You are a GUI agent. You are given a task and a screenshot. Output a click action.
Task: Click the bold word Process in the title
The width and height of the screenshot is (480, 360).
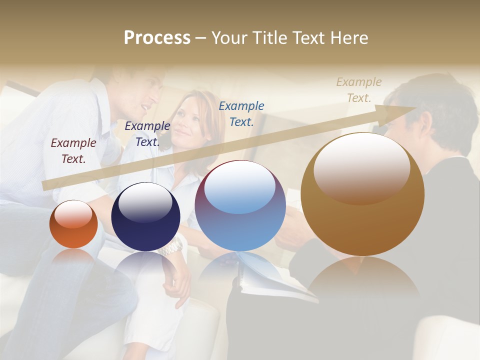click(157, 37)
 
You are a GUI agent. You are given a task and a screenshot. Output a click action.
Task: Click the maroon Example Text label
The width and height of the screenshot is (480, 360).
click(73, 150)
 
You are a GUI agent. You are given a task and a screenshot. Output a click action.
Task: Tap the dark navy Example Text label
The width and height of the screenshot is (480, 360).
click(147, 133)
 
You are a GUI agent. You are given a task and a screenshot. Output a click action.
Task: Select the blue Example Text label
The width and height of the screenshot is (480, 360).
click(241, 113)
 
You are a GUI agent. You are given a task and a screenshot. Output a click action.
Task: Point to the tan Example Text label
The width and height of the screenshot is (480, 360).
click(358, 89)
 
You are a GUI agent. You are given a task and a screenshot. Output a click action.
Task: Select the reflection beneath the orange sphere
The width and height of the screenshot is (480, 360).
click(73, 257)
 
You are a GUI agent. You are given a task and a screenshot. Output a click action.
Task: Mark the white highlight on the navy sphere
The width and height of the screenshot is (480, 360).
click(145, 203)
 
